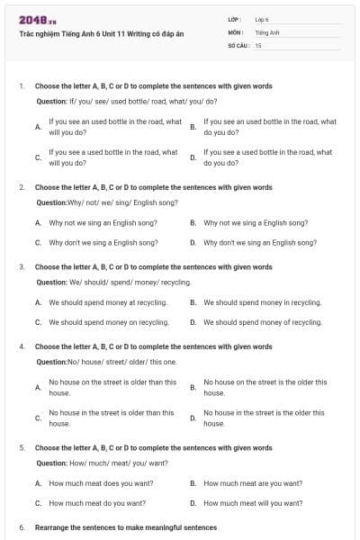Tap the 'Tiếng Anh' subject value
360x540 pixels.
pyautogui.click(x=267, y=31)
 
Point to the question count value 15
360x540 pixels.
pyautogui.click(x=258, y=44)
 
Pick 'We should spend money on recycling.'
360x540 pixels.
pyautogui.click(x=108, y=322)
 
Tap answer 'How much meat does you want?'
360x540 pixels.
pyautogui.click(x=101, y=483)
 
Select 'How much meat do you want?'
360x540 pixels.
pyautogui.click(x=97, y=503)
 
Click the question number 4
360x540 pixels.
pyautogui.click(x=21, y=346)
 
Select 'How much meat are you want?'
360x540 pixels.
pyautogui.click(x=253, y=483)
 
